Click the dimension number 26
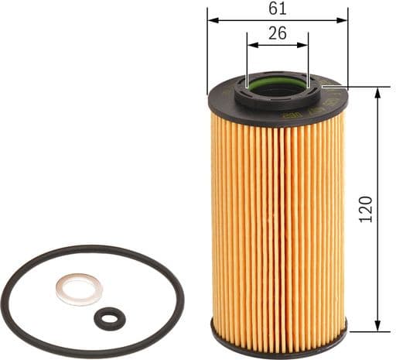click(278, 33)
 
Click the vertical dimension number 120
click(367, 210)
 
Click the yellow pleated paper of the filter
click(278, 217)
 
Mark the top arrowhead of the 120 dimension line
click(377, 92)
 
